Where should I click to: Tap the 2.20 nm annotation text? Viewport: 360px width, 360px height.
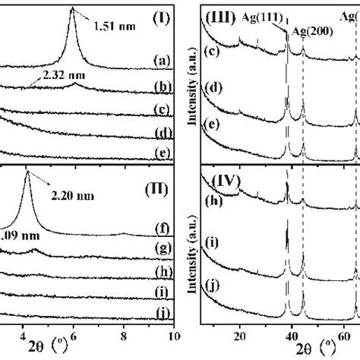point(75,196)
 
